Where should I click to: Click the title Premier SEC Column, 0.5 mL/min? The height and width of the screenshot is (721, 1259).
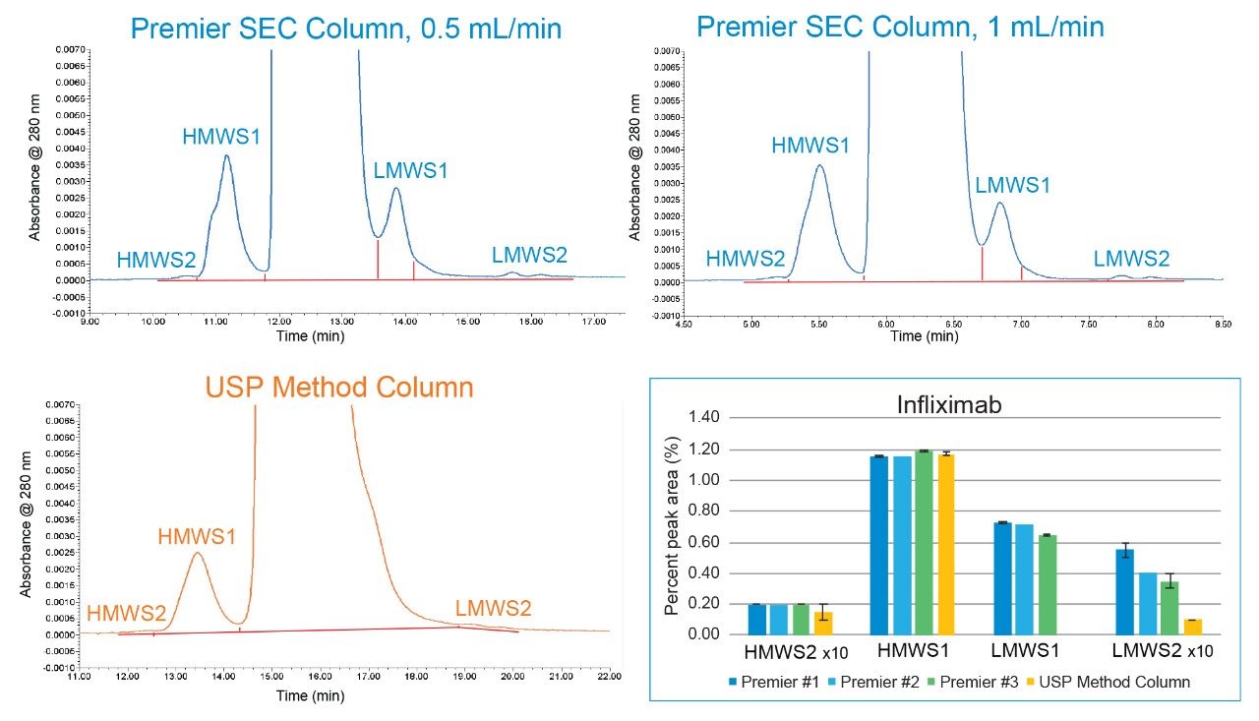(346, 28)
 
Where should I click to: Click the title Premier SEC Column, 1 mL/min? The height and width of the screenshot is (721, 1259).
(900, 26)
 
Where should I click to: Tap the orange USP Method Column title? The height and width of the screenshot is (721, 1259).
(339, 387)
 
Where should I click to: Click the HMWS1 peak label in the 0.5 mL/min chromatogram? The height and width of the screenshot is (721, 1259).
(221, 136)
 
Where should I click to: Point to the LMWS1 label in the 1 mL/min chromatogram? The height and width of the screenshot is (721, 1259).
(1013, 184)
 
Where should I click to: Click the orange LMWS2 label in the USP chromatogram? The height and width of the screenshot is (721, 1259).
(493, 608)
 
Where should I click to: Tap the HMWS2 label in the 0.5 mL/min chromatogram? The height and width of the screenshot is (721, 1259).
(155, 261)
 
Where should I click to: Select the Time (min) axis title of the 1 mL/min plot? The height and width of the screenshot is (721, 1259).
(925, 336)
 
